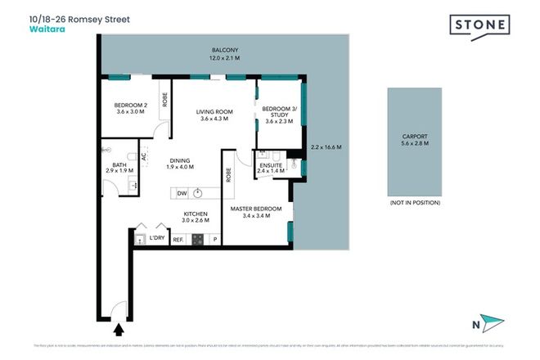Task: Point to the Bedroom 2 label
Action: click(130, 107)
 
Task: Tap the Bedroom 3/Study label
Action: click(279, 114)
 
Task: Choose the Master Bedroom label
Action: click(255, 213)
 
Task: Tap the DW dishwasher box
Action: click(182, 193)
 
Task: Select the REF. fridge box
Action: click(178, 240)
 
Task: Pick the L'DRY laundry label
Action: click(156, 238)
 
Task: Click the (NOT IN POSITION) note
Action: click(416, 202)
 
